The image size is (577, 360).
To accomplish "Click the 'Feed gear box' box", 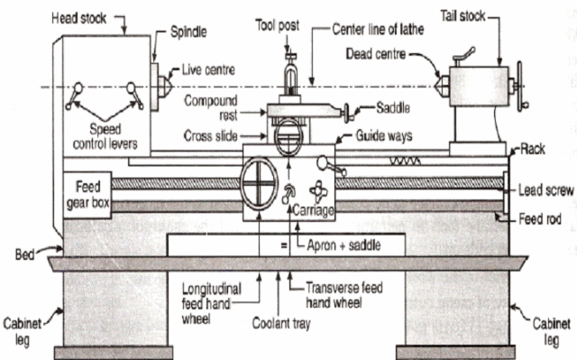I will [x=88, y=192].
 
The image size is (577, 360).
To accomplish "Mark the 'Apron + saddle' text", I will [x=339, y=244].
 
